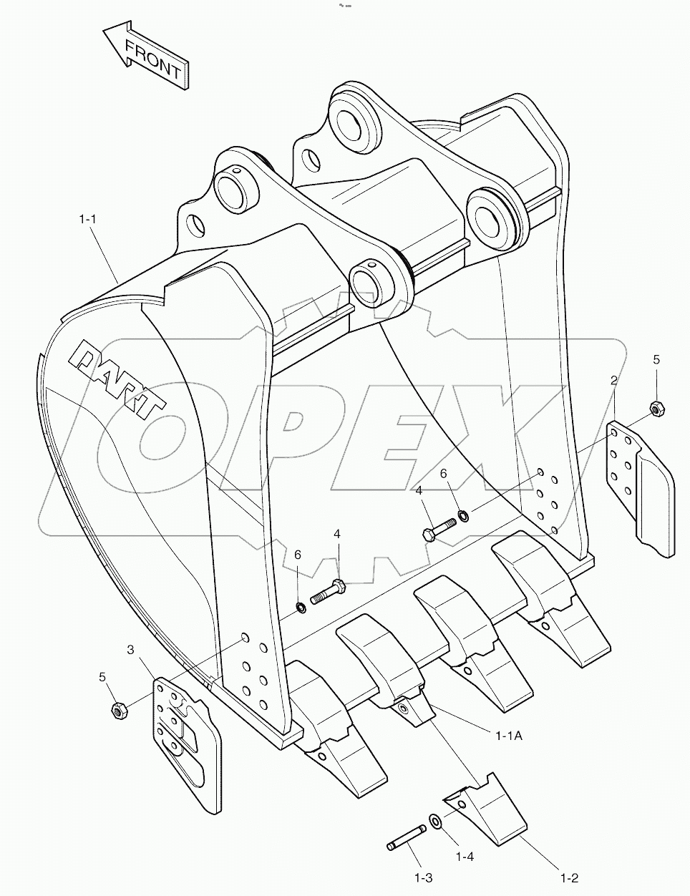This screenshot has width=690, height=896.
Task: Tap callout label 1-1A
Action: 509,734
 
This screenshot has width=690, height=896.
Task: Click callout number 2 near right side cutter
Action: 613,380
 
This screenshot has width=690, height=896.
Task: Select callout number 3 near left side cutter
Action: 130,650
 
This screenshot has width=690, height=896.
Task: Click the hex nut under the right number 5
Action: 656,409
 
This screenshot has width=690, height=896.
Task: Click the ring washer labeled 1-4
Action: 435,822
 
